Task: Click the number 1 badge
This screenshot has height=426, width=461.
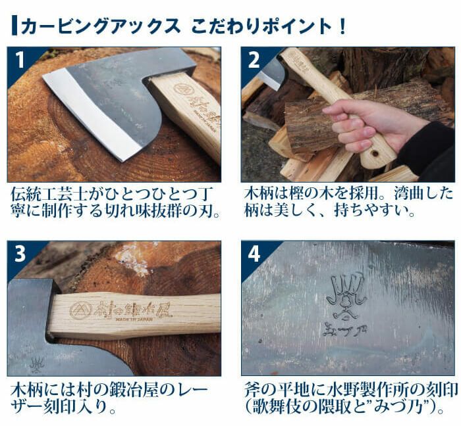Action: [19, 60]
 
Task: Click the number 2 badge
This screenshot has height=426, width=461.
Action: [254, 60]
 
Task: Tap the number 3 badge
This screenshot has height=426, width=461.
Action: [20, 254]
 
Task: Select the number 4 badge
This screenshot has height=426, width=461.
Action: [254, 254]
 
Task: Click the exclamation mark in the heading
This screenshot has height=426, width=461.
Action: [342, 26]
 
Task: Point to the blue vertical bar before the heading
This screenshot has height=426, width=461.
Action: [14, 26]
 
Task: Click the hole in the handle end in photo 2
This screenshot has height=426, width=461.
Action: [375, 153]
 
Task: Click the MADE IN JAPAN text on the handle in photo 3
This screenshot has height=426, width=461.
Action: [134, 319]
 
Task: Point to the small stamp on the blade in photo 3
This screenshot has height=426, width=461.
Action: [36, 365]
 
